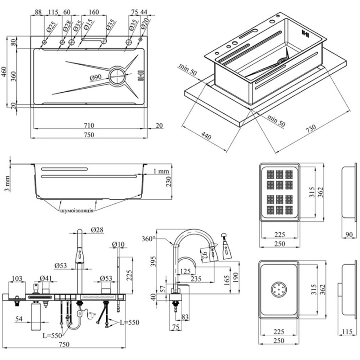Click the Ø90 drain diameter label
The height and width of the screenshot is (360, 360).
pos(95,77)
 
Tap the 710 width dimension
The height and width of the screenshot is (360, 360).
pos(89,126)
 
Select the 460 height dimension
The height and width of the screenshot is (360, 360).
pos(4,72)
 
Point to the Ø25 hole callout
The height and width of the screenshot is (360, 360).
pos(51,27)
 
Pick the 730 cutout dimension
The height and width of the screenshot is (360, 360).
pos(311,129)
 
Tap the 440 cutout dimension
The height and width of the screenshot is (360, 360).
pos(206,135)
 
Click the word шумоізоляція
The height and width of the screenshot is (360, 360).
pos(76,211)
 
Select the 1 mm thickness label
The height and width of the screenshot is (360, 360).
pos(161,171)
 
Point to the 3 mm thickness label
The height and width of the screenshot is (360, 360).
pos(7,184)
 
